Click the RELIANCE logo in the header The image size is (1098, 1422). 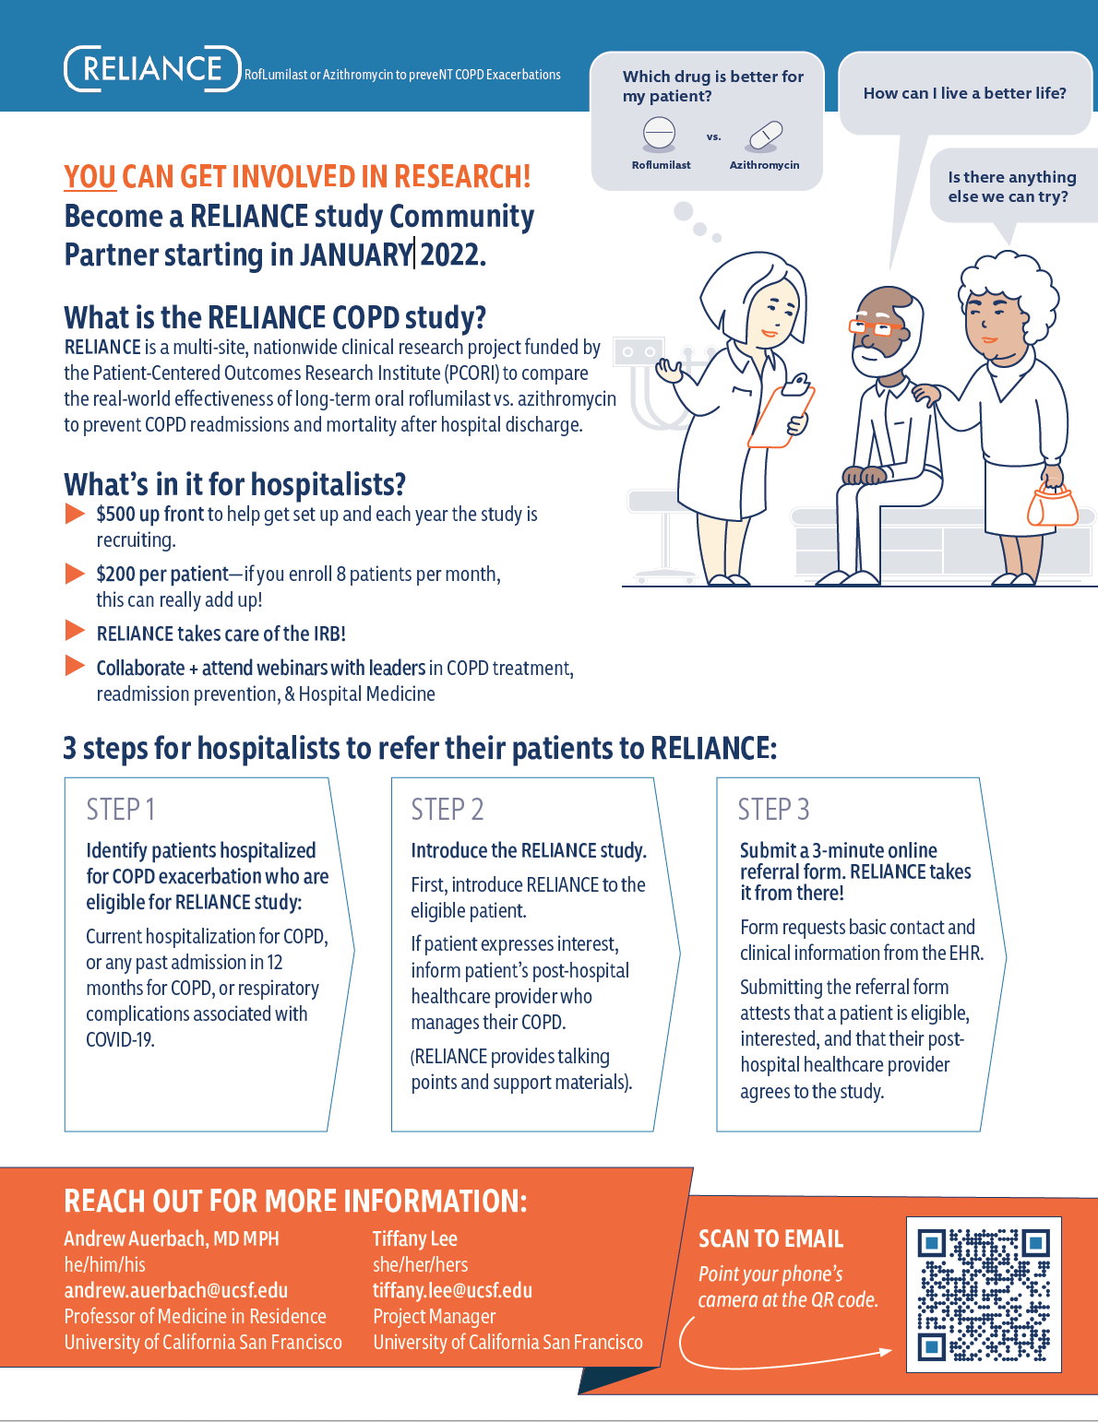click(x=152, y=69)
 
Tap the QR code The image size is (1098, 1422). click(x=984, y=1295)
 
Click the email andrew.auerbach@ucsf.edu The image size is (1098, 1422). click(x=175, y=1290)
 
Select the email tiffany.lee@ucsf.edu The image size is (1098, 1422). click(x=452, y=1290)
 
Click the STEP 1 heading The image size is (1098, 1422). click(x=121, y=810)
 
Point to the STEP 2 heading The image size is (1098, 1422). click(x=448, y=810)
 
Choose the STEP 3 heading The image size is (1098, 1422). click(x=773, y=810)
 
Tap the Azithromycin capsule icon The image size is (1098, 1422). click(x=766, y=136)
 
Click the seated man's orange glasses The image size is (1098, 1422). click(x=876, y=326)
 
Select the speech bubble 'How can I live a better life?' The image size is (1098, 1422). click(x=964, y=93)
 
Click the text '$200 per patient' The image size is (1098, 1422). click(x=162, y=575)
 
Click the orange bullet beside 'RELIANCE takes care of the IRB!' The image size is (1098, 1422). click(x=75, y=631)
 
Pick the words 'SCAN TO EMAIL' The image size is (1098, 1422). click(x=770, y=1238)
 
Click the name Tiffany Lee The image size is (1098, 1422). click(x=414, y=1238)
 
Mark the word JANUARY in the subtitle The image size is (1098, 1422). click(x=355, y=255)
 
